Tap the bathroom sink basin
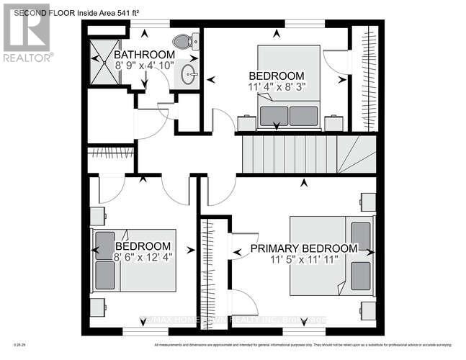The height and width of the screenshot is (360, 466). pyautogui.click(x=189, y=73)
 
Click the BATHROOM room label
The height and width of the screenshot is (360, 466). pyautogui.click(x=144, y=55)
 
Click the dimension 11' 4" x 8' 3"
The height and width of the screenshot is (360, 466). pyautogui.click(x=276, y=87)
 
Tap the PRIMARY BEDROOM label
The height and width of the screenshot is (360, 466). pyautogui.click(x=303, y=248)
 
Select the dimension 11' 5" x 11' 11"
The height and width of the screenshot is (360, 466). pyautogui.click(x=303, y=260)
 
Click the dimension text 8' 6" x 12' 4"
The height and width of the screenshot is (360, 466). pyautogui.click(x=143, y=256)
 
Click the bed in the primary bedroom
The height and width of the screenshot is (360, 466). pyautogui.click(x=331, y=256)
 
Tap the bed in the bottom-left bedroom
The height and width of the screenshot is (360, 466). pyautogui.click(x=133, y=260)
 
